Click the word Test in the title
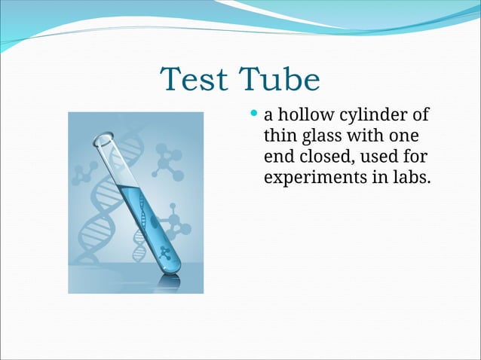click(x=193, y=80)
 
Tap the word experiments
click(x=310, y=178)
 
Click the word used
click(x=378, y=157)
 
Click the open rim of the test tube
click(x=105, y=140)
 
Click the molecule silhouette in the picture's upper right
click(x=168, y=161)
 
